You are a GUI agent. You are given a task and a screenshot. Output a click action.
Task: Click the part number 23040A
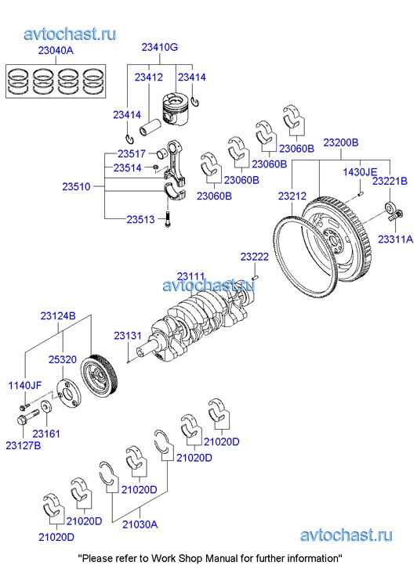click(56, 50)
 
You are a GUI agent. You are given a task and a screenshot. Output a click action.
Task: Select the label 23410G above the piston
click(160, 47)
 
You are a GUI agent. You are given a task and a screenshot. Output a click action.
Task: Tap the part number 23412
click(149, 77)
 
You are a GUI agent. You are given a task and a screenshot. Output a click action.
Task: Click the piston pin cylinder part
click(150, 127)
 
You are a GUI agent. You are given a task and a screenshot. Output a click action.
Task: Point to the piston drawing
click(176, 108)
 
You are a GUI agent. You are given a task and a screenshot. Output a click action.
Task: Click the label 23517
click(132, 154)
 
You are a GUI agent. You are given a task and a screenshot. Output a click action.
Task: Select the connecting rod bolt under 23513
click(167, 220)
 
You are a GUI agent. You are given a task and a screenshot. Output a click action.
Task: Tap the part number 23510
click(76, 186)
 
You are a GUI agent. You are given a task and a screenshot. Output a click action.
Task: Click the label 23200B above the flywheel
click(341, 142)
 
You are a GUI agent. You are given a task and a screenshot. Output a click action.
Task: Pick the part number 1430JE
click(360, 171)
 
